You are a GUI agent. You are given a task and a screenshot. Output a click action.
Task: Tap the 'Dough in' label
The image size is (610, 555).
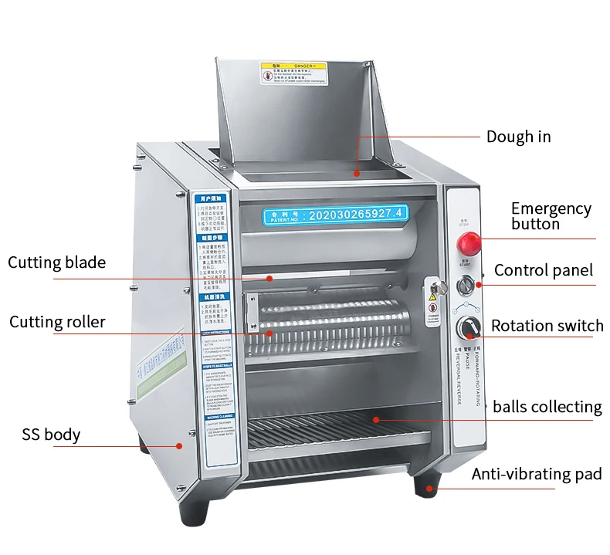click(518, 137)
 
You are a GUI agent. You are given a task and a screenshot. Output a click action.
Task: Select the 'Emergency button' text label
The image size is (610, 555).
click(551, 215)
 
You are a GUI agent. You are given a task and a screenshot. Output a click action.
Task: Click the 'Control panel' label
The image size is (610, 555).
click(543, 270)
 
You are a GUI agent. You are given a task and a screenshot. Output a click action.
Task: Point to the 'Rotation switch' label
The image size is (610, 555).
click(547, 326)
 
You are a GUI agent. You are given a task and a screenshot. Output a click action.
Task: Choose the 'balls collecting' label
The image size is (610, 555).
click(547, 406)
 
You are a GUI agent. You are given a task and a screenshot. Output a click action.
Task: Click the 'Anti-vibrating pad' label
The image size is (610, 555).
click(536, 474)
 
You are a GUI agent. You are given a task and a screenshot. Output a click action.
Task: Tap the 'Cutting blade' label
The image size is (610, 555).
click(56, 262)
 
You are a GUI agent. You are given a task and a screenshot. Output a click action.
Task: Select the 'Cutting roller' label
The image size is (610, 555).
click(57, 321)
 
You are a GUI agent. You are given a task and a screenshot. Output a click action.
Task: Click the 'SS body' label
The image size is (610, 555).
click(51, 435)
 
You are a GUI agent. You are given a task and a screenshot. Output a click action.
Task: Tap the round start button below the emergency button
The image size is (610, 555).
click(466, 286)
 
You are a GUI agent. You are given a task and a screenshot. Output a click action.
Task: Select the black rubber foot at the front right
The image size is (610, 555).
click(425, 486)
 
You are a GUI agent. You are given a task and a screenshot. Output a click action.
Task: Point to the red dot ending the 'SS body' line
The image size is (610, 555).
click(180, 445)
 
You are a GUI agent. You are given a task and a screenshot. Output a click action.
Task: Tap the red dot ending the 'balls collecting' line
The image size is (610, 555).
click(376, 419)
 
